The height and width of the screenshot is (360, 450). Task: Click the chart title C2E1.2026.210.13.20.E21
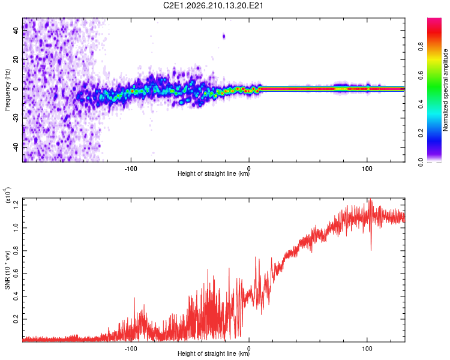[213, 5]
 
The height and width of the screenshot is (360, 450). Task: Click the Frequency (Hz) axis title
[7, 90]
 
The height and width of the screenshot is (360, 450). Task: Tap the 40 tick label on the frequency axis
[16, 30]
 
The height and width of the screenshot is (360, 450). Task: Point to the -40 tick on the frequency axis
[16, 147]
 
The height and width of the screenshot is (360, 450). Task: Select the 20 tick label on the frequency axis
[16, 59]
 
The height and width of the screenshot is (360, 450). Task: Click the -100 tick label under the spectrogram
[131, 169]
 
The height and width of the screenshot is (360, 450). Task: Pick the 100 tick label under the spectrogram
[367, 169]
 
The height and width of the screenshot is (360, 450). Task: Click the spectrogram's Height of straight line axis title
[214, 173]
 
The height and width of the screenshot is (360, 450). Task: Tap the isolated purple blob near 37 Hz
[224, 37]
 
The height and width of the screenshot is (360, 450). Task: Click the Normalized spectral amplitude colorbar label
[445, 90]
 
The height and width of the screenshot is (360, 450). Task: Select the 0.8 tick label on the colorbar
[421, 47]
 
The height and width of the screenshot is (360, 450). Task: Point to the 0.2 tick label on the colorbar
[421, 133]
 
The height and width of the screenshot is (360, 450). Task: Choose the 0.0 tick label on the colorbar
[421, 162]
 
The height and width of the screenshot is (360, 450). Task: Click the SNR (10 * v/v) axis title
[7, 270]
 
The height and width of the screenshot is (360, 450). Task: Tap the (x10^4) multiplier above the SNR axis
[8, 195]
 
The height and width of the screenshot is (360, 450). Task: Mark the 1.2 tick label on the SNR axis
[16, 205]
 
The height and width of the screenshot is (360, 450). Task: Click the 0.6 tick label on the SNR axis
[16, 274]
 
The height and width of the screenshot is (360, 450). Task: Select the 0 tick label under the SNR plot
[249, 349]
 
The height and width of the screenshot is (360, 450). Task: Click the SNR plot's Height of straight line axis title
[214, 353]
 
